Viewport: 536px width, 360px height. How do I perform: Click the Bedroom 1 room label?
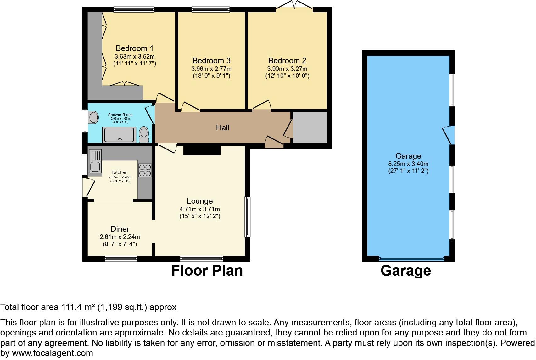pos(134,48)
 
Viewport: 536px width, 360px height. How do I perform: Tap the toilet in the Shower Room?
pos(144,134)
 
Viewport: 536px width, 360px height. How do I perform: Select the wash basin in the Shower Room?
pos(93,118)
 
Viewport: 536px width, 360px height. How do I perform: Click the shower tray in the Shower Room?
pos(119,135)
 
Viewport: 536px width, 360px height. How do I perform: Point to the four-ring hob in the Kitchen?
pos(145,170)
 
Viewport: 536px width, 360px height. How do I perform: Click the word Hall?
pos(222,127)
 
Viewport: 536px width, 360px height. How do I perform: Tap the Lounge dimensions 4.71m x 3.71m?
pos(199,209)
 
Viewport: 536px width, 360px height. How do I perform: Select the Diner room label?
pos(120,229)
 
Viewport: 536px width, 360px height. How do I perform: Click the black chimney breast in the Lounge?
pos(202,150)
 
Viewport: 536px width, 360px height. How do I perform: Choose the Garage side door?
pos(448,135)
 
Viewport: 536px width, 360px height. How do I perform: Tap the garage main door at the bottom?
pos(411,259)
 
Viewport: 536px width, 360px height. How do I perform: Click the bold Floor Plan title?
pos(207,271)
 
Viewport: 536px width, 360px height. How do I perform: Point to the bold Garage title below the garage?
pos(405,271)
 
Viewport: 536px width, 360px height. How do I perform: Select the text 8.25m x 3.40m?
pos(408,164)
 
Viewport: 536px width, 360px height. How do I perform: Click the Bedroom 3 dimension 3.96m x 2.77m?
pos(211,69)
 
